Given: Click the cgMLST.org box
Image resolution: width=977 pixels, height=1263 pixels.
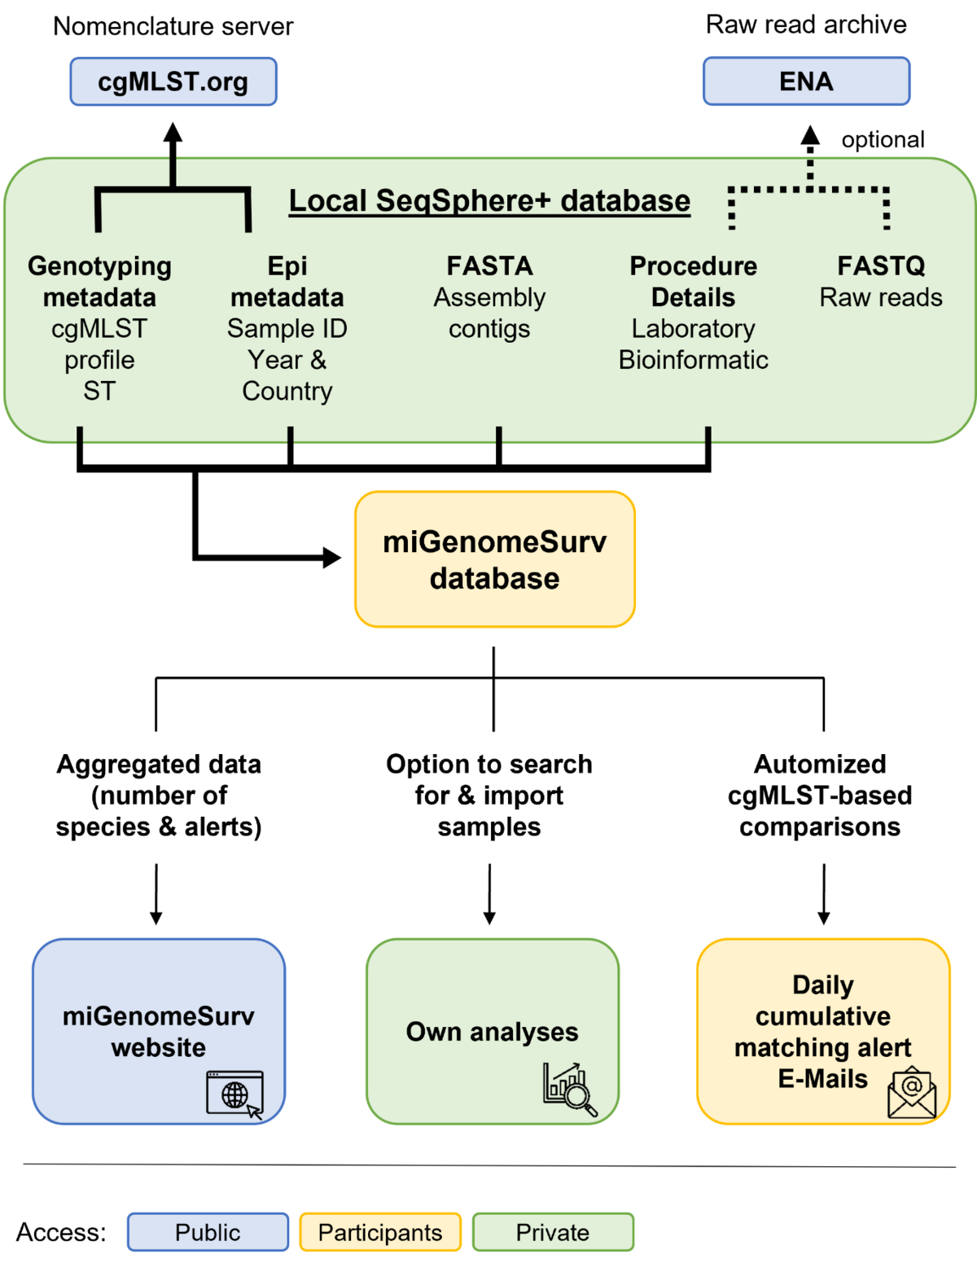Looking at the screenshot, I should (173, 82).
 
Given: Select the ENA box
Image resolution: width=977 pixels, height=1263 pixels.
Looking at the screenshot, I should (806, 81).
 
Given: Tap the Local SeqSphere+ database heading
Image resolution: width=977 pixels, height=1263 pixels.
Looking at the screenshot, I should (489, 201).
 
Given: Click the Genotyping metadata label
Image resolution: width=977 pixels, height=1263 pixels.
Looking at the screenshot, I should (99, 282).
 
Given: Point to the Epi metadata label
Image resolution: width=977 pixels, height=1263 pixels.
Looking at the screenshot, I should (287, 282).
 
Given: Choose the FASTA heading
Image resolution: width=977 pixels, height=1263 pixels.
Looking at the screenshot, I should (489, 266).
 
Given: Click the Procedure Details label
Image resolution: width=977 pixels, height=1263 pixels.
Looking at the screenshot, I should (693, 282).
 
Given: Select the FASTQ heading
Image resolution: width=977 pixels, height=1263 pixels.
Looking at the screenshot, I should (881, 266).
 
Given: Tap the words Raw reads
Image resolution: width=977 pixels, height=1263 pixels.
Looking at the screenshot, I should (881, 298).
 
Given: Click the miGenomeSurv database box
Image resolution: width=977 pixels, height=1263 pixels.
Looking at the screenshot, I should (494, 559).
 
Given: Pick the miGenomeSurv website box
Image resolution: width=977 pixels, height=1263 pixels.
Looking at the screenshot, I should (159, 1031).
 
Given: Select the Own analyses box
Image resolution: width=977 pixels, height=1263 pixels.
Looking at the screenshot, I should (492, 1031).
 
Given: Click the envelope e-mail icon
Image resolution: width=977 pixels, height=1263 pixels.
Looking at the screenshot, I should (912, 1093).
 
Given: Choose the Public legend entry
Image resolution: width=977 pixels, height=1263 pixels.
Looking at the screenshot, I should (208, 1232).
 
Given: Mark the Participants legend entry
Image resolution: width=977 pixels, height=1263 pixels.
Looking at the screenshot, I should (380, 1232).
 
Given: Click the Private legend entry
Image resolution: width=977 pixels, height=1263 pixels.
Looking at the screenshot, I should (552, 1232).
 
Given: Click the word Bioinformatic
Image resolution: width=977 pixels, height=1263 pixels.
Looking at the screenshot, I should (693, 360).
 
